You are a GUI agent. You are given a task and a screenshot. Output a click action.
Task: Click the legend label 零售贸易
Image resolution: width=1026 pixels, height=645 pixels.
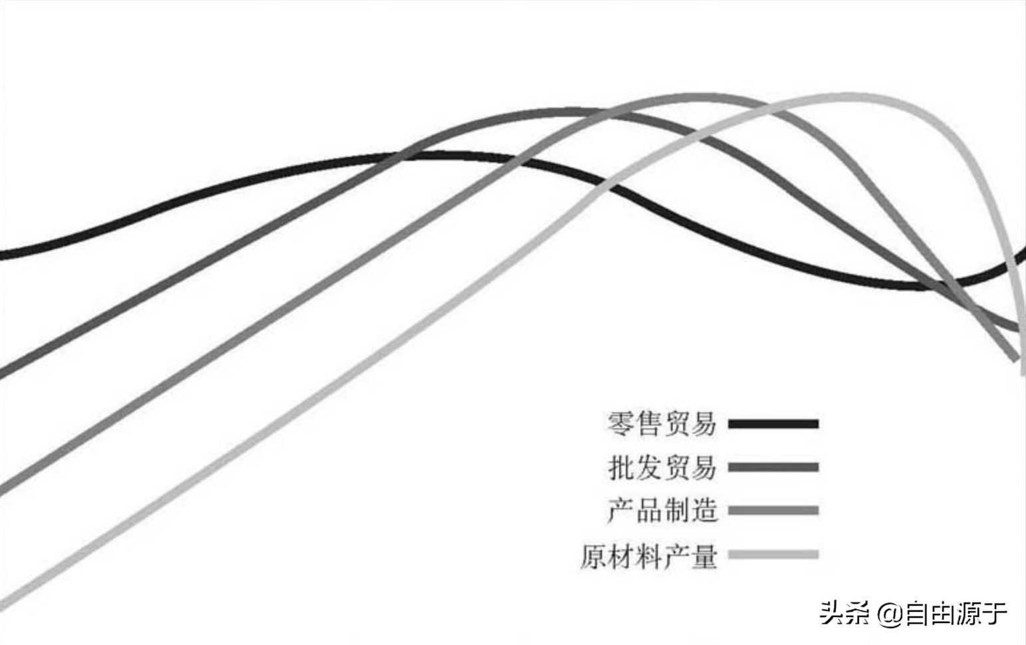[x=662, y=424]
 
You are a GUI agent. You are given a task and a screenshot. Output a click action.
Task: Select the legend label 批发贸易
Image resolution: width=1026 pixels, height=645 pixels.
[x=662, y=467]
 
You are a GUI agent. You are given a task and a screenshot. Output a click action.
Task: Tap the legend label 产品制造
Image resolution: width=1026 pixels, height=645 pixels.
[x=662, y=511]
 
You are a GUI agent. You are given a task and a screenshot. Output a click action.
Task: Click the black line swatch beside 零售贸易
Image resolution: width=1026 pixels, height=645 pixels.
[x=773, y=424]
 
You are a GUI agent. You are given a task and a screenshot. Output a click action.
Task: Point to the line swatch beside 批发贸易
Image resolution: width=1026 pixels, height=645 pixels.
[x=773, y=467]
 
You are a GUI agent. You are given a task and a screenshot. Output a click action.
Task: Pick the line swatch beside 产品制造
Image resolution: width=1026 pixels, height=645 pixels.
[x=773, y=511]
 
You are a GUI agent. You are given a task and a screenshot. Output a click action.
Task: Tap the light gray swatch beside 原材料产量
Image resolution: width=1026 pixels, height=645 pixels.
[x=773, y=555]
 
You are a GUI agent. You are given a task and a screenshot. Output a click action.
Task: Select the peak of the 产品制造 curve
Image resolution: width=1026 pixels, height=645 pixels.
[x=704, y=98]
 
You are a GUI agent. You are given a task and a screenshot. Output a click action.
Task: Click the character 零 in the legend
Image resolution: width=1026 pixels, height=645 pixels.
[x=621, y=424]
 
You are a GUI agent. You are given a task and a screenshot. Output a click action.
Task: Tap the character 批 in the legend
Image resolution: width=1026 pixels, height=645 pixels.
[x=621, y=467]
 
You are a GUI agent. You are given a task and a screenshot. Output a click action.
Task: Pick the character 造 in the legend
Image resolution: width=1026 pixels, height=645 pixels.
[x=703, y=511]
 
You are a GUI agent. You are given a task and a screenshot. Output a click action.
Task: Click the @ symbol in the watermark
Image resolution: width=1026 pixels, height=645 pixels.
[x=888, y=613]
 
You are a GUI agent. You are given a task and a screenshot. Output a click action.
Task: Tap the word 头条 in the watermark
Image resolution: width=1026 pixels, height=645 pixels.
[x=844, y=613]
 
